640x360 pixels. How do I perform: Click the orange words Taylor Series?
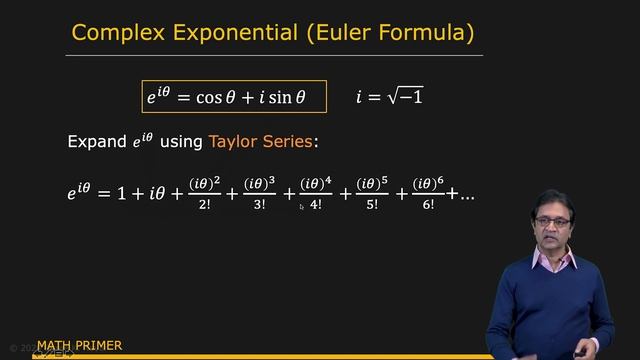261,141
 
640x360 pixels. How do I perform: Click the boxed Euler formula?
233,97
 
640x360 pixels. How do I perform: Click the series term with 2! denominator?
203,195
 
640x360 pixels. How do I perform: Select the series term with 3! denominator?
259,195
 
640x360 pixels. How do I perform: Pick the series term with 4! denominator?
316,195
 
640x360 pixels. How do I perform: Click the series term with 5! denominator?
372,195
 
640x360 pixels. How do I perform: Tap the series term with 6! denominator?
428,195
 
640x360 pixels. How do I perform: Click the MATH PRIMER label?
79,346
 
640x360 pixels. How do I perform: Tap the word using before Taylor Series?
181,142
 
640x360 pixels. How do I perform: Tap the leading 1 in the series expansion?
121,195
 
